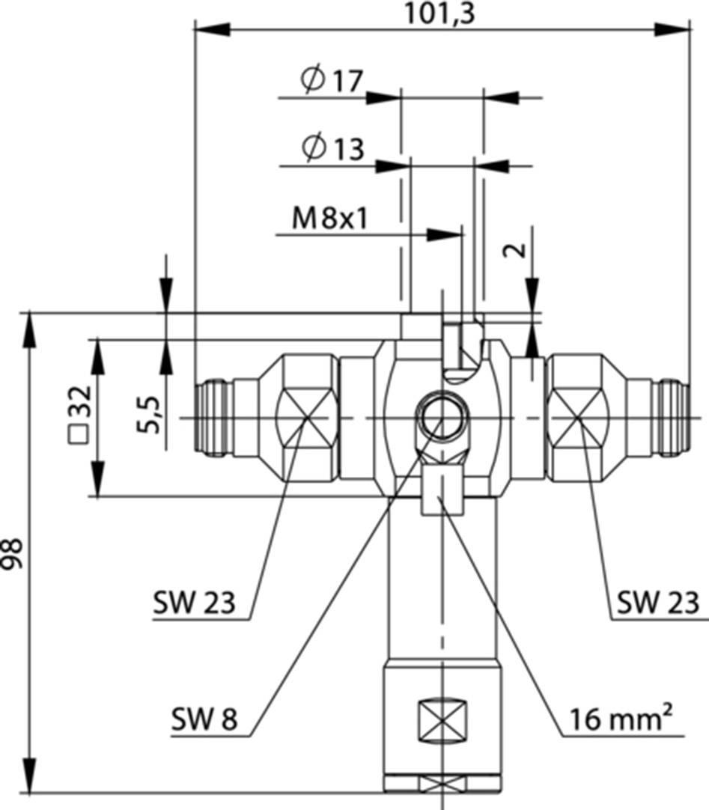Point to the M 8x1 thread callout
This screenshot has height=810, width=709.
[x=332, y=219]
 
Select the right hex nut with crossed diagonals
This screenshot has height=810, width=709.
[x=577, y=419]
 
